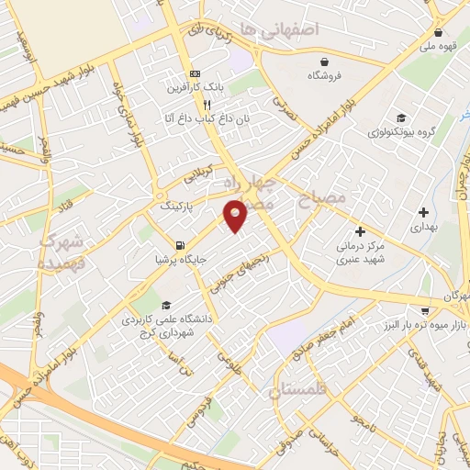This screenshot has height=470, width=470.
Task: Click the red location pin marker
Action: pyautogui.click(x=237, y=215)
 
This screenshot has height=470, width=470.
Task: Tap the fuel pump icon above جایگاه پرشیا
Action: pyautogui.click(x=178, y=246)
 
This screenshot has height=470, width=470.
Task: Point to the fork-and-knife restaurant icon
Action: pyautogui.click(x=194, y=105)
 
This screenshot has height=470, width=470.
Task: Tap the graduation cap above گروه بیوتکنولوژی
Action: pyautogui.click(x=400, y=117)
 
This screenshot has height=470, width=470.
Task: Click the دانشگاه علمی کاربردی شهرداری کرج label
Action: pyautogui.click(x=166, y=320)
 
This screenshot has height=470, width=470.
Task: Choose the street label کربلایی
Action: pyautogui.click(x=198, y=171)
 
